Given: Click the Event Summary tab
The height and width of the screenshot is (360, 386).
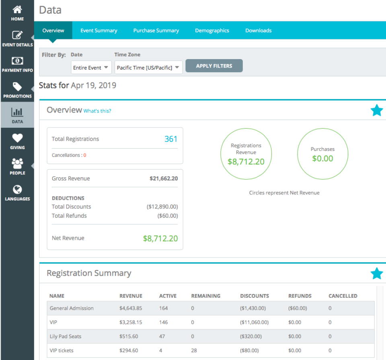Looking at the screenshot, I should pos(99,31).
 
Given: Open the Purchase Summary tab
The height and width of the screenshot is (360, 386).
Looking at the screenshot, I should pos(156,31).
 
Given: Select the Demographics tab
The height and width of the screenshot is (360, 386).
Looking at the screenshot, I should pos(212,31).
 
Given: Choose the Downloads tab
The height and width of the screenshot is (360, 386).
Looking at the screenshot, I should pos(258,31).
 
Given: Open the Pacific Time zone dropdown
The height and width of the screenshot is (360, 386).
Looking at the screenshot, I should pos(148,67).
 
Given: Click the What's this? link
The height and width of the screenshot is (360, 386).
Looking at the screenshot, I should pos(97,111).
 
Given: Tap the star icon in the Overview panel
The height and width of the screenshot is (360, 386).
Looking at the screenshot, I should pos(376,110).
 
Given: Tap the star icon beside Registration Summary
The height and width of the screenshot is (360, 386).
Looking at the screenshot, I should pos(376,273).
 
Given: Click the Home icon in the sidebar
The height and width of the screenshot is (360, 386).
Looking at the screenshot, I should pos(17,10).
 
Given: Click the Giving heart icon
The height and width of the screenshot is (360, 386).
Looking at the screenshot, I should pos(17,138).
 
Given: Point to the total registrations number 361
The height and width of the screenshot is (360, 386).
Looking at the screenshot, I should pos(171,139).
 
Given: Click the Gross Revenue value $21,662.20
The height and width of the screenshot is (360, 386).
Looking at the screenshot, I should pos(164,178).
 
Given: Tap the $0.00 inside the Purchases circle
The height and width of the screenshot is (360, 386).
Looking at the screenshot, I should pos(322,158).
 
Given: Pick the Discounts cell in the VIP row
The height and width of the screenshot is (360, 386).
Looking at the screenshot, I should pos(254,322).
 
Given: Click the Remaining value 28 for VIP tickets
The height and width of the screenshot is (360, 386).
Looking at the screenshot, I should pos(194,350).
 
